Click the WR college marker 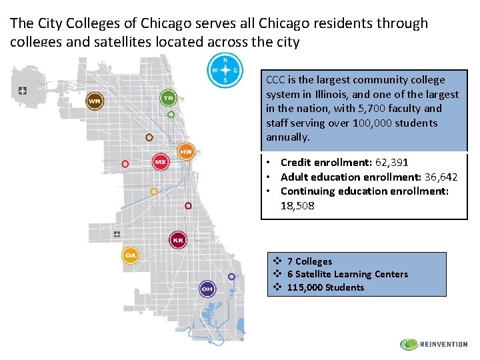[x=95, y=101]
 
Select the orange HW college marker [x=187, y=152]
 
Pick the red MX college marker [x=161, y=162]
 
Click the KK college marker [x=178, y=240]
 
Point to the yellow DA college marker [x=131, y=255]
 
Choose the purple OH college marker [x=207, y=289]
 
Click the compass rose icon [x=225, y=70]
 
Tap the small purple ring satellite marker [x=231, y=277]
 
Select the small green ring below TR [x=171, y=115]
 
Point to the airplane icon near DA [x=118, y=234]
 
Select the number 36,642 [x=441, y=177]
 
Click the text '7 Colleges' [x=309, y=261]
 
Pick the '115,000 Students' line [x=325, y=287]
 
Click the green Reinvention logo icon [x=408, y=345]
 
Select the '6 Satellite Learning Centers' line [x=347, y=274]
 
